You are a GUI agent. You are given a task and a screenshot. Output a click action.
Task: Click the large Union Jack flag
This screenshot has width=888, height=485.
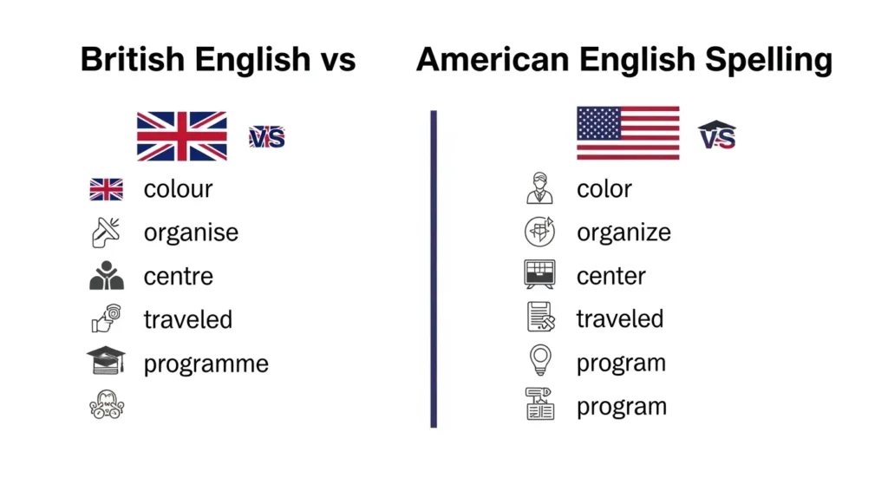(182, 135)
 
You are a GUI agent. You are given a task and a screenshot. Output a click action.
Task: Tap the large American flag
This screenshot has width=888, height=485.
(628, 133)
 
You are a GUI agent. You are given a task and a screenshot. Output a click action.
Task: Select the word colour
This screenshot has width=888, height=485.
(178, 188)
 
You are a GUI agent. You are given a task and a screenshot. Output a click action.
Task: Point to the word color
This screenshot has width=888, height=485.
(604, 188)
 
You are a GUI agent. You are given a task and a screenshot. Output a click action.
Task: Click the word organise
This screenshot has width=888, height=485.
(191, 233)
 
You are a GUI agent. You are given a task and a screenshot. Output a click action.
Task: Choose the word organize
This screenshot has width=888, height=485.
(624, 233)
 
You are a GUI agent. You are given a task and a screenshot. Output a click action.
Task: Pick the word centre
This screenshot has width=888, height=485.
(178, 277)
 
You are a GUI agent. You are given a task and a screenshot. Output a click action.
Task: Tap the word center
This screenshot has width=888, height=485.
(610, 277)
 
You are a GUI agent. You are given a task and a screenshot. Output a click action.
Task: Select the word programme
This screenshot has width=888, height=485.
(206, 364)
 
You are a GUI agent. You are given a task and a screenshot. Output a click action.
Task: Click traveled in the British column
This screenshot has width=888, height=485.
(188, 319)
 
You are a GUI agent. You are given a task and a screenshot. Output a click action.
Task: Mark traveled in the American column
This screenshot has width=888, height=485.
(619, 318)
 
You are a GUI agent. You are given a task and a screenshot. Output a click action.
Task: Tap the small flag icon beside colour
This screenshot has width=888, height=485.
(106, 189)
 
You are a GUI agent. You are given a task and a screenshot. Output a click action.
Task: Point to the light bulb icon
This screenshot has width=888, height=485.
(539, 361)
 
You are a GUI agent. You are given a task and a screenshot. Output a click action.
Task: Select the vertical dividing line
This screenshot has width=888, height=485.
(434, 269)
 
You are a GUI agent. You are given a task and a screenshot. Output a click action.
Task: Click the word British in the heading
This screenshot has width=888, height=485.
(132, 60)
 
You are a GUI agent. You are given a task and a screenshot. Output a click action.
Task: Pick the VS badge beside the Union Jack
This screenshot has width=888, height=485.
(267, 136)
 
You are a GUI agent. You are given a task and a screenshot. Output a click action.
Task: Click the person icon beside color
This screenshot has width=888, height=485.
(539, 188)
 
